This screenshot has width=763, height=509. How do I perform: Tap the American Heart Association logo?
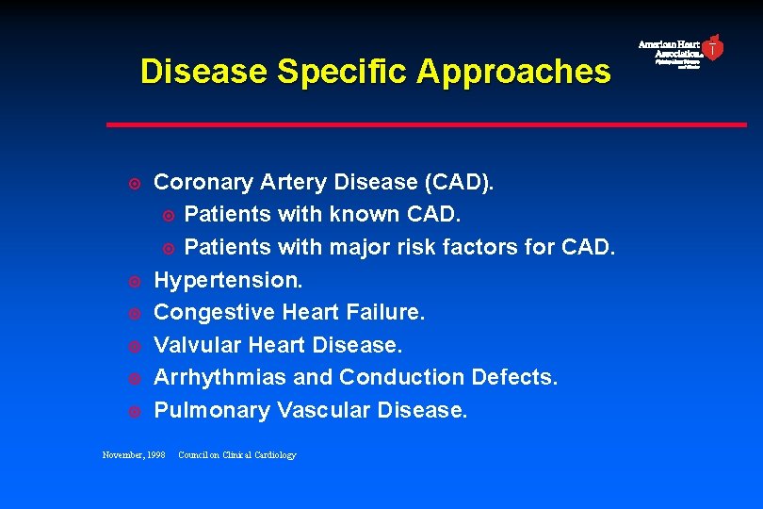681,51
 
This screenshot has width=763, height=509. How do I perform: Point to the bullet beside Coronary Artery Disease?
135,183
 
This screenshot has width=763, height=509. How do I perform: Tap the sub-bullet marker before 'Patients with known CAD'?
169,216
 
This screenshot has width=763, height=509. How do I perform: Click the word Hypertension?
228,280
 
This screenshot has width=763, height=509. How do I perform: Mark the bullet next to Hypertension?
135,281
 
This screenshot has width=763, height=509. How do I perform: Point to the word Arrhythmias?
220,378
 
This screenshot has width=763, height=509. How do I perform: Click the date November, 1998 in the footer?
133,455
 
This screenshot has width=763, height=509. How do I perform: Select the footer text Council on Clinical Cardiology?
236,455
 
